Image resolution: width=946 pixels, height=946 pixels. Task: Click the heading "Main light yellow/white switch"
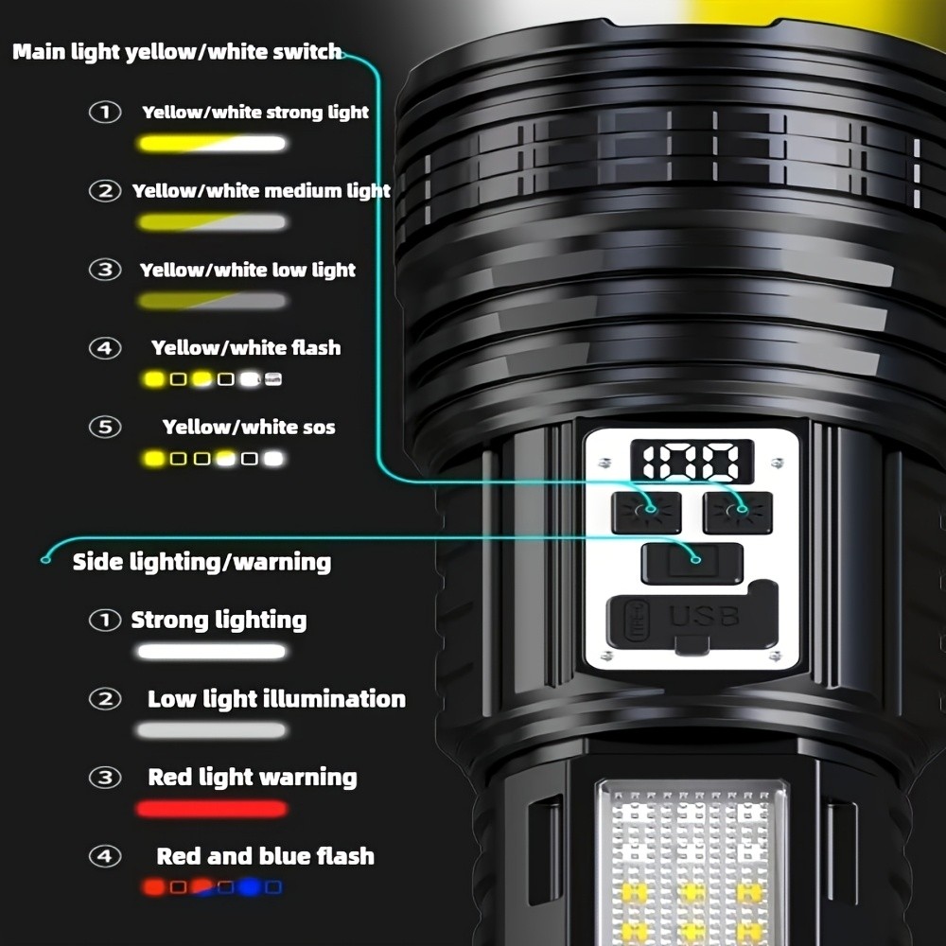(177, 52)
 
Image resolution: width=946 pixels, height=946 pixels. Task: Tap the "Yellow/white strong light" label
(255, 113)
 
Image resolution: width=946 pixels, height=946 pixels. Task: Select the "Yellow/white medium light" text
(261, 191)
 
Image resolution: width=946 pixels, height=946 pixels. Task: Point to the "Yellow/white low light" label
(248, 271)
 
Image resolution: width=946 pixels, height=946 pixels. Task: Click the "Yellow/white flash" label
(246, 348)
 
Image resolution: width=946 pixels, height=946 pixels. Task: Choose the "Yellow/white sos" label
(249, 428)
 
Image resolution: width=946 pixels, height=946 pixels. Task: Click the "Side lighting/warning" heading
(201, 562)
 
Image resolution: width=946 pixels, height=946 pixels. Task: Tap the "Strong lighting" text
(219, 621)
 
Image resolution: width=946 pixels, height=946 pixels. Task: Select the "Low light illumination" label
(276, 699)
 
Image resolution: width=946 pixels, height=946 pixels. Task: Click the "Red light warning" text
(253, 778)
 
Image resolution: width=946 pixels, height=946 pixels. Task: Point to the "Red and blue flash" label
(265, 856)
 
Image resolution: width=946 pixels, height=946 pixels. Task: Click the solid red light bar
(211, 809)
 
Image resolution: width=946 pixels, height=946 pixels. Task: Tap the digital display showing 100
(692, 464)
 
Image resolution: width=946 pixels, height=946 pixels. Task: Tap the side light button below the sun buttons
(692, 563)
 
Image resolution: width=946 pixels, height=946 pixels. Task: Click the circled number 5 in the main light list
(105, 428)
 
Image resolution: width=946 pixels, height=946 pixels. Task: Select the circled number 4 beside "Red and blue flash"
(105, 856)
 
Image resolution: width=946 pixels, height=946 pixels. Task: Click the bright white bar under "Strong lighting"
(211, 652)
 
